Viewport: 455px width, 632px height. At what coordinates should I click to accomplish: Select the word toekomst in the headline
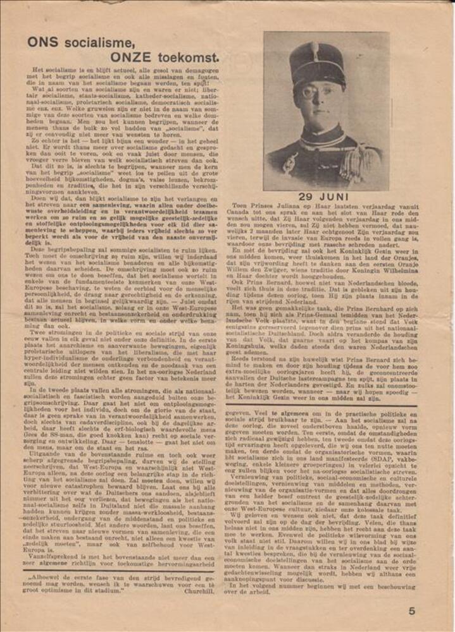pyautogui.click(x=190, y=58)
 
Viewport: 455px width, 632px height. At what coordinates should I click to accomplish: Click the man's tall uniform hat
pyautogui.click(x=317, y=63)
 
